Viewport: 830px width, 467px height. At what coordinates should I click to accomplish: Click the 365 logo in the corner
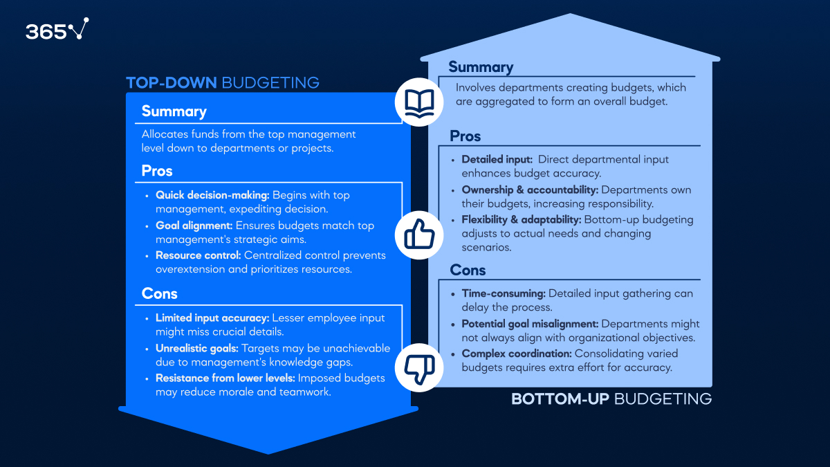57,29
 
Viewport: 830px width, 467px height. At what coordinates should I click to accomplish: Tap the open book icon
419,102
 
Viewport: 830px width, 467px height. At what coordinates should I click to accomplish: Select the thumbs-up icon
419,235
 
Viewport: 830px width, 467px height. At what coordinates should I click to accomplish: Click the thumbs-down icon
419,367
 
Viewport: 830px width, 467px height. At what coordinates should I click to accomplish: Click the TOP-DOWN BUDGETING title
223,82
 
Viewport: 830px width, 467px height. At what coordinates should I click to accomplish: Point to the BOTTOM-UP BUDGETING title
611,399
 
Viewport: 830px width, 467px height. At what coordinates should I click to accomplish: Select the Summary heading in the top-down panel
174,111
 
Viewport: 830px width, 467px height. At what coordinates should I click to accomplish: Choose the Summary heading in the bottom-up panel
481,66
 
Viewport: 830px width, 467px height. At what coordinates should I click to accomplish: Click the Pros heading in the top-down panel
157,171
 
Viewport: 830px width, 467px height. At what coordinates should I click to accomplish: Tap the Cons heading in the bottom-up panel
468,271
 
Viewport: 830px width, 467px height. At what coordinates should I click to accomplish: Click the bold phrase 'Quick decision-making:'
212,195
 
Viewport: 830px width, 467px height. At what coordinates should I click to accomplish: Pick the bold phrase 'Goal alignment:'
194,226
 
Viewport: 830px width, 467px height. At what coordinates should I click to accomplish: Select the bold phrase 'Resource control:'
199,255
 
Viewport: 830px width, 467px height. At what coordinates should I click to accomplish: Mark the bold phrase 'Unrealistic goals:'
196,349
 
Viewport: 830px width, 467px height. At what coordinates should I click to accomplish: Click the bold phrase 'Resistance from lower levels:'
225,378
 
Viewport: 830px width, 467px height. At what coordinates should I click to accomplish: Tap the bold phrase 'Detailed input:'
497,159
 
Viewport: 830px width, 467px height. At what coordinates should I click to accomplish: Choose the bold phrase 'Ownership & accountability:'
530,190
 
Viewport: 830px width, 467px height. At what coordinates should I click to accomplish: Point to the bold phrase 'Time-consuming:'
504,293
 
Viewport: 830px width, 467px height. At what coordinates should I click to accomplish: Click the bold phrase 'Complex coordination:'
517,354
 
